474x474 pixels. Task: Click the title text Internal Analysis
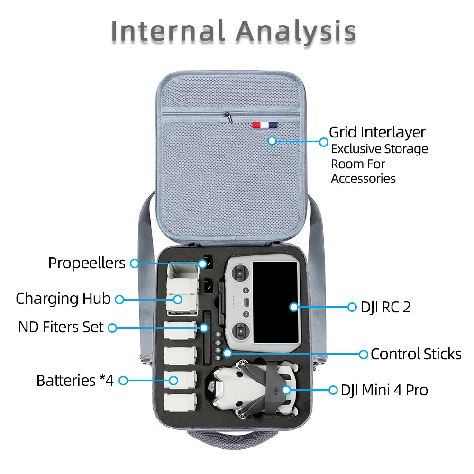(233, 31)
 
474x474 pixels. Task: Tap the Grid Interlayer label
(377, 132)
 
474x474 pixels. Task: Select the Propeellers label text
(87, 263)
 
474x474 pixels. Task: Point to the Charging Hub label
(63, 299)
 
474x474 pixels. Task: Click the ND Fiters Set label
(61, 327)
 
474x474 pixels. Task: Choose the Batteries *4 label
(75, 380)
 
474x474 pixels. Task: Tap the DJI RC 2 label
(385, 307)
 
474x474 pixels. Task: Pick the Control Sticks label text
(416, 354)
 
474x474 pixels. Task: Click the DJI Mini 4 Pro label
(384, 390)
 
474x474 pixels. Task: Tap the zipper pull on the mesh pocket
(228, 116)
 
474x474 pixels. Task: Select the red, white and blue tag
(264, 125)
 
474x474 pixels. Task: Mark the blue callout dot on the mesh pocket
(272, 141)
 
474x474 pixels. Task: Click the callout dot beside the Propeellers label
(134, 263)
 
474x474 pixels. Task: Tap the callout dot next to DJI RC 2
(352, 307)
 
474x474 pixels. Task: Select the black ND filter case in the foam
(206, 337)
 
